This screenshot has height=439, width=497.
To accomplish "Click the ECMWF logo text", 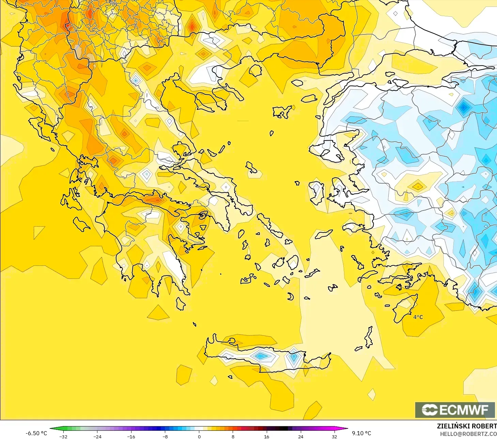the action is (455, 410).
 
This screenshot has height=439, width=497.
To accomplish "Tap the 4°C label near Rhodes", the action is (418, 317).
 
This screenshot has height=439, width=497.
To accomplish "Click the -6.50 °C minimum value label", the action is (36, 433).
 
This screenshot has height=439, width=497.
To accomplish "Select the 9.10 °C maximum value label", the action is (361, 433).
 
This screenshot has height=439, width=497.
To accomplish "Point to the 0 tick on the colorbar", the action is (199, 437).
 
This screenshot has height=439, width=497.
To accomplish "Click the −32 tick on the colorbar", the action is (63, 437).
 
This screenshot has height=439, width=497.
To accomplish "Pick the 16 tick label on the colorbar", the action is (267, 437).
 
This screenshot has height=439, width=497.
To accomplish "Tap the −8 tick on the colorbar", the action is (165, 437).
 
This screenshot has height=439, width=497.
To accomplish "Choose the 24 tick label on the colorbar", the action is (300, 437).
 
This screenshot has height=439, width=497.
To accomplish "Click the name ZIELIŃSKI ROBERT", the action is (467, 426).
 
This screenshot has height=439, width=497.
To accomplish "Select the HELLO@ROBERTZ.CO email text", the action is (468, 434).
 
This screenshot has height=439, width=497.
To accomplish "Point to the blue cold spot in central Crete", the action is (261, 356).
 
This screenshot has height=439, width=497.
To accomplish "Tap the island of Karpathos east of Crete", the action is (369, 337).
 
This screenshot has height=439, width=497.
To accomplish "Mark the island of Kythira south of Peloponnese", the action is (181, 303).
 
